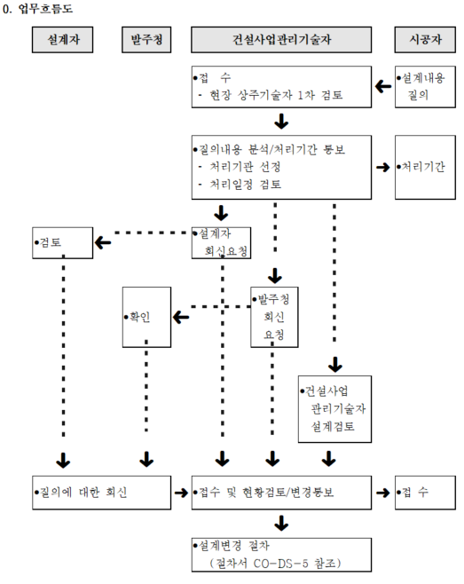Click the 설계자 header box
click(x=63, y=39)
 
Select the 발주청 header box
click(x=146, y=39)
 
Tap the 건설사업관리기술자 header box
click(x=281, y=39)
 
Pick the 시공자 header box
click(x=425, y=39)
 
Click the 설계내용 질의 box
click(x=425, y=87)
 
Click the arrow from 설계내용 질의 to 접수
click(x=383, y=87)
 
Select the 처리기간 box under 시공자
click(x=425, y=167)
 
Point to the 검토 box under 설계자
click(x=63, y=243)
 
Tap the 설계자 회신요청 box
click(x=221, y=243)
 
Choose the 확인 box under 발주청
click(x=146, y=317)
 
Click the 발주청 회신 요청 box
click(x=274, y=317)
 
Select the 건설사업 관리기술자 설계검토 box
click(x=334, y=409)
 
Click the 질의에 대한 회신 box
click(x=102, y=493)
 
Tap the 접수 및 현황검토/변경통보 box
click(x=281, y=493)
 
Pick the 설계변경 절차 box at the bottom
click(x=281, y=555)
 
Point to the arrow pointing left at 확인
click(x=181, y=318)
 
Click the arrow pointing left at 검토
click(x=103, y=243)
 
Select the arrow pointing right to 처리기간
click(x=383, y=167)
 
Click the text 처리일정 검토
click(x=246, y=184)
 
